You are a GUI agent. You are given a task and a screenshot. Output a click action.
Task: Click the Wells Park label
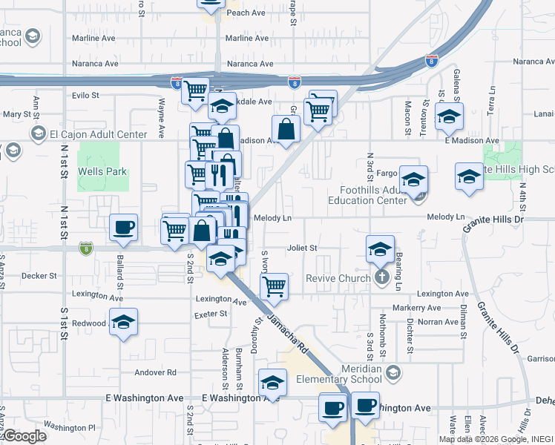coord(103,172)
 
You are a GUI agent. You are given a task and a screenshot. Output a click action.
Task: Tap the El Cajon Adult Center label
coord(91,134)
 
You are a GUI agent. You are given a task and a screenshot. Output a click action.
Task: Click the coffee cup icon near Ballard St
coord(123,227)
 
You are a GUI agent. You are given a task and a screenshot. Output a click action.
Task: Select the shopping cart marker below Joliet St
coord(275,286)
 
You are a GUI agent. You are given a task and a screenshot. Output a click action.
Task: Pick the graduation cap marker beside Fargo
coord(413,179)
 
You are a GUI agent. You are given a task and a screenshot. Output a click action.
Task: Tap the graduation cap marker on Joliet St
coord(380,248)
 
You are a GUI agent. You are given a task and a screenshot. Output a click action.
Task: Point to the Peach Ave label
coord(246,13)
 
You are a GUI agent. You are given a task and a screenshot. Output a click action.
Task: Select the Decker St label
coord(39,276)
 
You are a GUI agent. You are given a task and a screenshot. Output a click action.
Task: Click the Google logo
coord(24,436)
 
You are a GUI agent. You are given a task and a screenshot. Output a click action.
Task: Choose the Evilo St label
coord(85,96)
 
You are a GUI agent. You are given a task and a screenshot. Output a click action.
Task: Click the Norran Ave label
coord(439,322)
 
